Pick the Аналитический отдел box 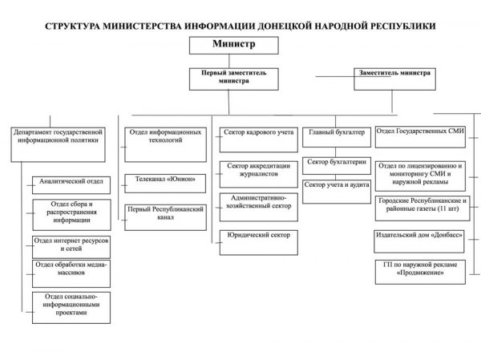point(71,183)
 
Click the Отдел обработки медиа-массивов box point(71,270)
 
